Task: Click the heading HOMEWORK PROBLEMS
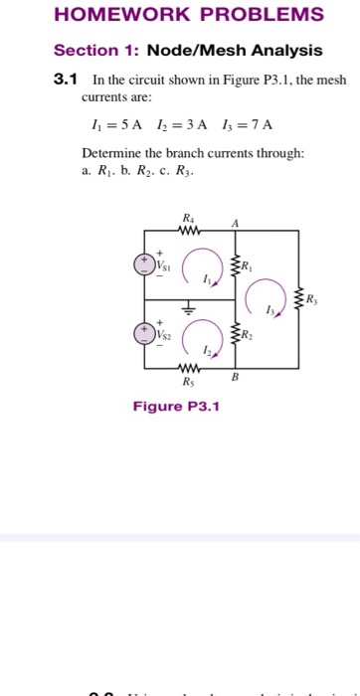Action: [x=188, y=15]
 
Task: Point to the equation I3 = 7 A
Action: [x=250, y=124]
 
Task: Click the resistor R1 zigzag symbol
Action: [x=237, y=265]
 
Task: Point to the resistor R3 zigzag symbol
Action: [x=298, y=298]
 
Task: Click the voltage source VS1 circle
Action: [x=145, y=263]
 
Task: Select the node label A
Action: [x=235, y=223]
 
